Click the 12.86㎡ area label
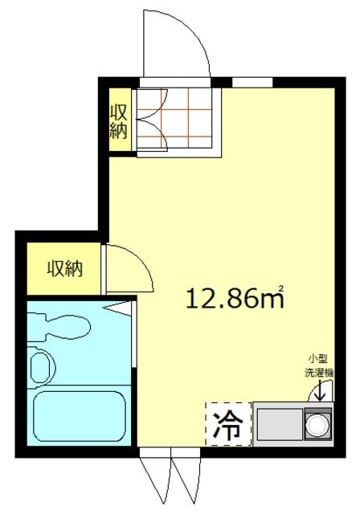[x=235, y=298]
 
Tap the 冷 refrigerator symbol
[x=228, y=425]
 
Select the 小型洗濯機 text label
[x=319, y=366]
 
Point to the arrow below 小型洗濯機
[x=320, y=390]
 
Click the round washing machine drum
[x=317, y=425]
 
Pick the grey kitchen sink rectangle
[x=280, y=424]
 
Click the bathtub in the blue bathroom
[x=80, y=416]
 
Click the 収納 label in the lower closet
[x=65, y=269]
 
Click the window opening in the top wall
[x=252, y=82]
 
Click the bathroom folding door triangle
[x=117, y=308]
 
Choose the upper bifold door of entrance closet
[x=152, y=104]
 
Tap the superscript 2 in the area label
[x=281, y=288]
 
